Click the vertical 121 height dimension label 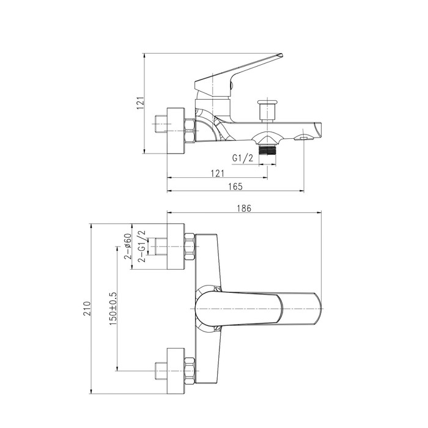(140, 103)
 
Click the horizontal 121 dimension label (217, 173)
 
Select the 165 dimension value (235, 186)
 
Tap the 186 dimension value (244, 208)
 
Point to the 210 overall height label (87, 308)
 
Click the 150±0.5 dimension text (113, 308)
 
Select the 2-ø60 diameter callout (128, 246)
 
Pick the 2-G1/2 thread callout (142, 246)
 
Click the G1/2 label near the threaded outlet (243, 158)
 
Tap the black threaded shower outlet (268, 150)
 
